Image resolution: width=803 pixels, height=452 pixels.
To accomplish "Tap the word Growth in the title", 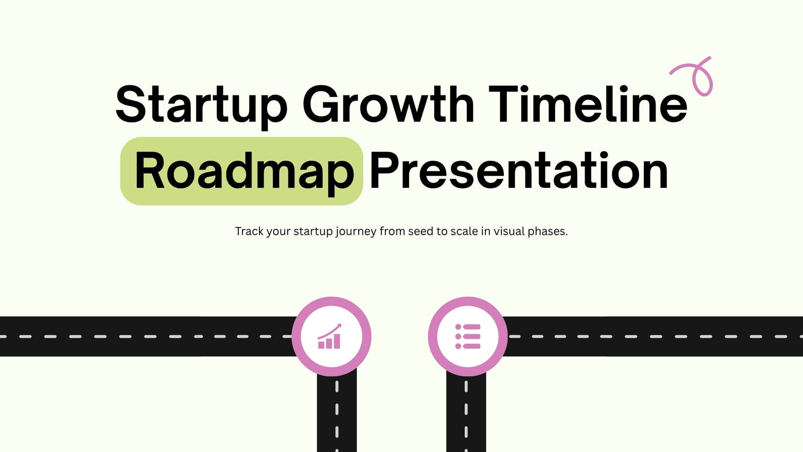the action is pyautogui.click(x=388, y=103).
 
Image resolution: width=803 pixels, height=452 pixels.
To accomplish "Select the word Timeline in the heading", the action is pyautogui.click(x=588, y=103).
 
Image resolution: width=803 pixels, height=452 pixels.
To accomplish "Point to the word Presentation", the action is pyautogui.click(x=519, y=170).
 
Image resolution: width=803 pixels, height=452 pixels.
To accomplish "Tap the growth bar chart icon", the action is pyautogui.click(x=330, y=336).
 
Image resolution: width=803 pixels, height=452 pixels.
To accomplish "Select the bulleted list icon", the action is pyautogui.click(x=468, y=336).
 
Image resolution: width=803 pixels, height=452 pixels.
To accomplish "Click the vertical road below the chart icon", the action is pyautogui.click(x=337, y=412).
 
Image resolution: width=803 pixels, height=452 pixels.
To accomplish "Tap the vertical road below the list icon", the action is pyautogui.click(x=466, y=412).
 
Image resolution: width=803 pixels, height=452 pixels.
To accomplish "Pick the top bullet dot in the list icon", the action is pyautogui.click(x=458, y=327).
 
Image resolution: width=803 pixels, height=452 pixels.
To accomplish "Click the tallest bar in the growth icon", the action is pyautogui.click(x=337, y=342).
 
